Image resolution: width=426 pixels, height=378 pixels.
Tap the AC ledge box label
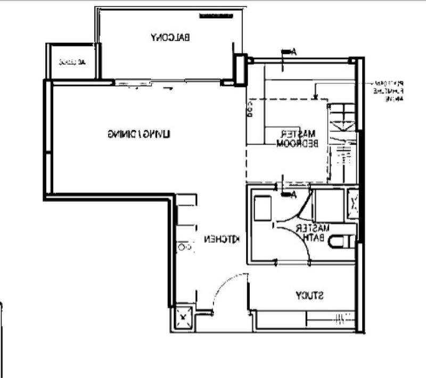(72, 62)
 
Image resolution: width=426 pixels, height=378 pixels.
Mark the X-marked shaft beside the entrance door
(183, 318)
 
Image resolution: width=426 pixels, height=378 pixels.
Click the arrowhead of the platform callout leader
(315, 98)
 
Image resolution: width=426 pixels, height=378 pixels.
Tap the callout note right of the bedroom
(388, 91)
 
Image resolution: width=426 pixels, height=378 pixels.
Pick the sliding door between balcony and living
(168, 82)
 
